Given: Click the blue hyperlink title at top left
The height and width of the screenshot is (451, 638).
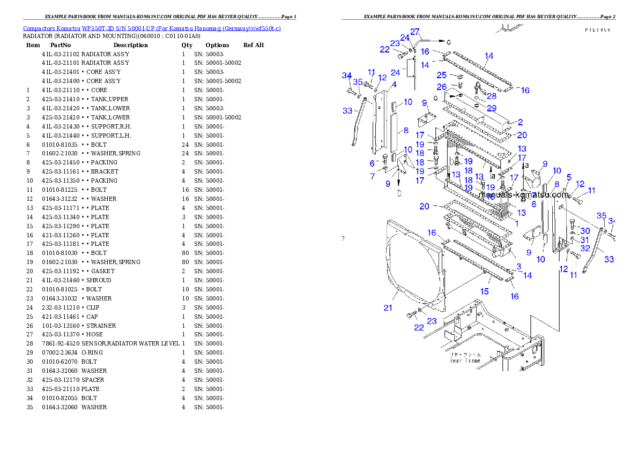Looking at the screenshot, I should coord(152,28).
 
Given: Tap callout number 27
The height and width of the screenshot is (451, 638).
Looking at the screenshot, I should coord(415,32).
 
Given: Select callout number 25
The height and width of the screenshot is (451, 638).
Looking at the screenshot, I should coord(441,75).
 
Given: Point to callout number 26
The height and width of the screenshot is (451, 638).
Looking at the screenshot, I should coord(441,87).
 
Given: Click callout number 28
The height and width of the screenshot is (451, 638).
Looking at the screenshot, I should coord(492,96).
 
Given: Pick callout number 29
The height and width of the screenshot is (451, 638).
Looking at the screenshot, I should coord(492,108).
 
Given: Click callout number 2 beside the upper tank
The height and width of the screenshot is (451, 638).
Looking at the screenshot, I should coord(520,123).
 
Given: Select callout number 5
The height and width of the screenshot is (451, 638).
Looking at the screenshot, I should coord(569,177).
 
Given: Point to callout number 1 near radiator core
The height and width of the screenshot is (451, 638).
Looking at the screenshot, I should coord(517,223).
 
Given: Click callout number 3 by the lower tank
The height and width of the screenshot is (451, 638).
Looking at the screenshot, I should coord(518,266).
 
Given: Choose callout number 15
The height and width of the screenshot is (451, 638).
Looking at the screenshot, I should coord(484,291).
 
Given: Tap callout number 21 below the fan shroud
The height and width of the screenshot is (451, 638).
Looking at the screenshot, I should coord(388,307).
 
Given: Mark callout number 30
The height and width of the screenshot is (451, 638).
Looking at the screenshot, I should coord(585,231).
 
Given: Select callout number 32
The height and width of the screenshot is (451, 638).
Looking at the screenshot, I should coord(585,248).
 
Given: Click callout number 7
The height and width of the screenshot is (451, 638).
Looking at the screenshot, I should coord(372,176).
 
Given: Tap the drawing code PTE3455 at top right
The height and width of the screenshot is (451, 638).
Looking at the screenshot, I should coord(597,30).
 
